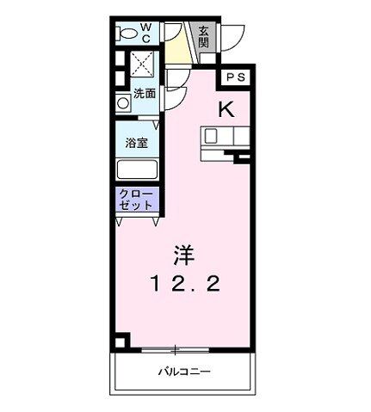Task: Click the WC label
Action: pos(145,32)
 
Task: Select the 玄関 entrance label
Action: pos(204,37)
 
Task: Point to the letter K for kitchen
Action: pos(226,109)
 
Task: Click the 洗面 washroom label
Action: pos(145,94)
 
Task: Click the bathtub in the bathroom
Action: pos(138,169)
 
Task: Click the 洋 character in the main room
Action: pos(182,255)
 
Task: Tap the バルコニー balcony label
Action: pos(183,372)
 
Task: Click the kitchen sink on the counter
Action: pos(213,135)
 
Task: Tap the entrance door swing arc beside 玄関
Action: pos(231,39)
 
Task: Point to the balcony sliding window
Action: pos(175,348)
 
